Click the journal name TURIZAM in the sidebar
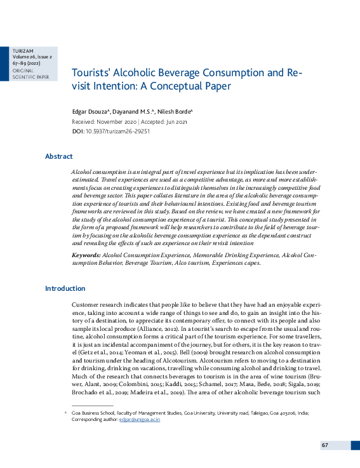(x=22, y=50)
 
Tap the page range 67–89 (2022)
(x=27, y=64)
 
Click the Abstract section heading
(x=58, y=156)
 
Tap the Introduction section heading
(x=65, y=288)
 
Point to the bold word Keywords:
(x=86, y=254)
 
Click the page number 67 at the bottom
(x=324, y=445)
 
